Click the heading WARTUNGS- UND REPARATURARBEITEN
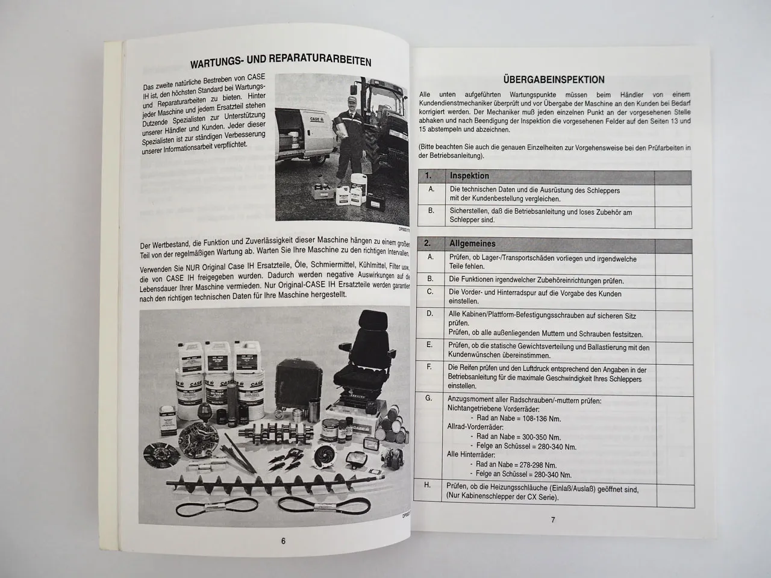pos(280,62)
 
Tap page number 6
pos(283,540)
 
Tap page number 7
pos(553,520)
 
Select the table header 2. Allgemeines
pos(473,244)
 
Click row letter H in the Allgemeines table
pos(428,485)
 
